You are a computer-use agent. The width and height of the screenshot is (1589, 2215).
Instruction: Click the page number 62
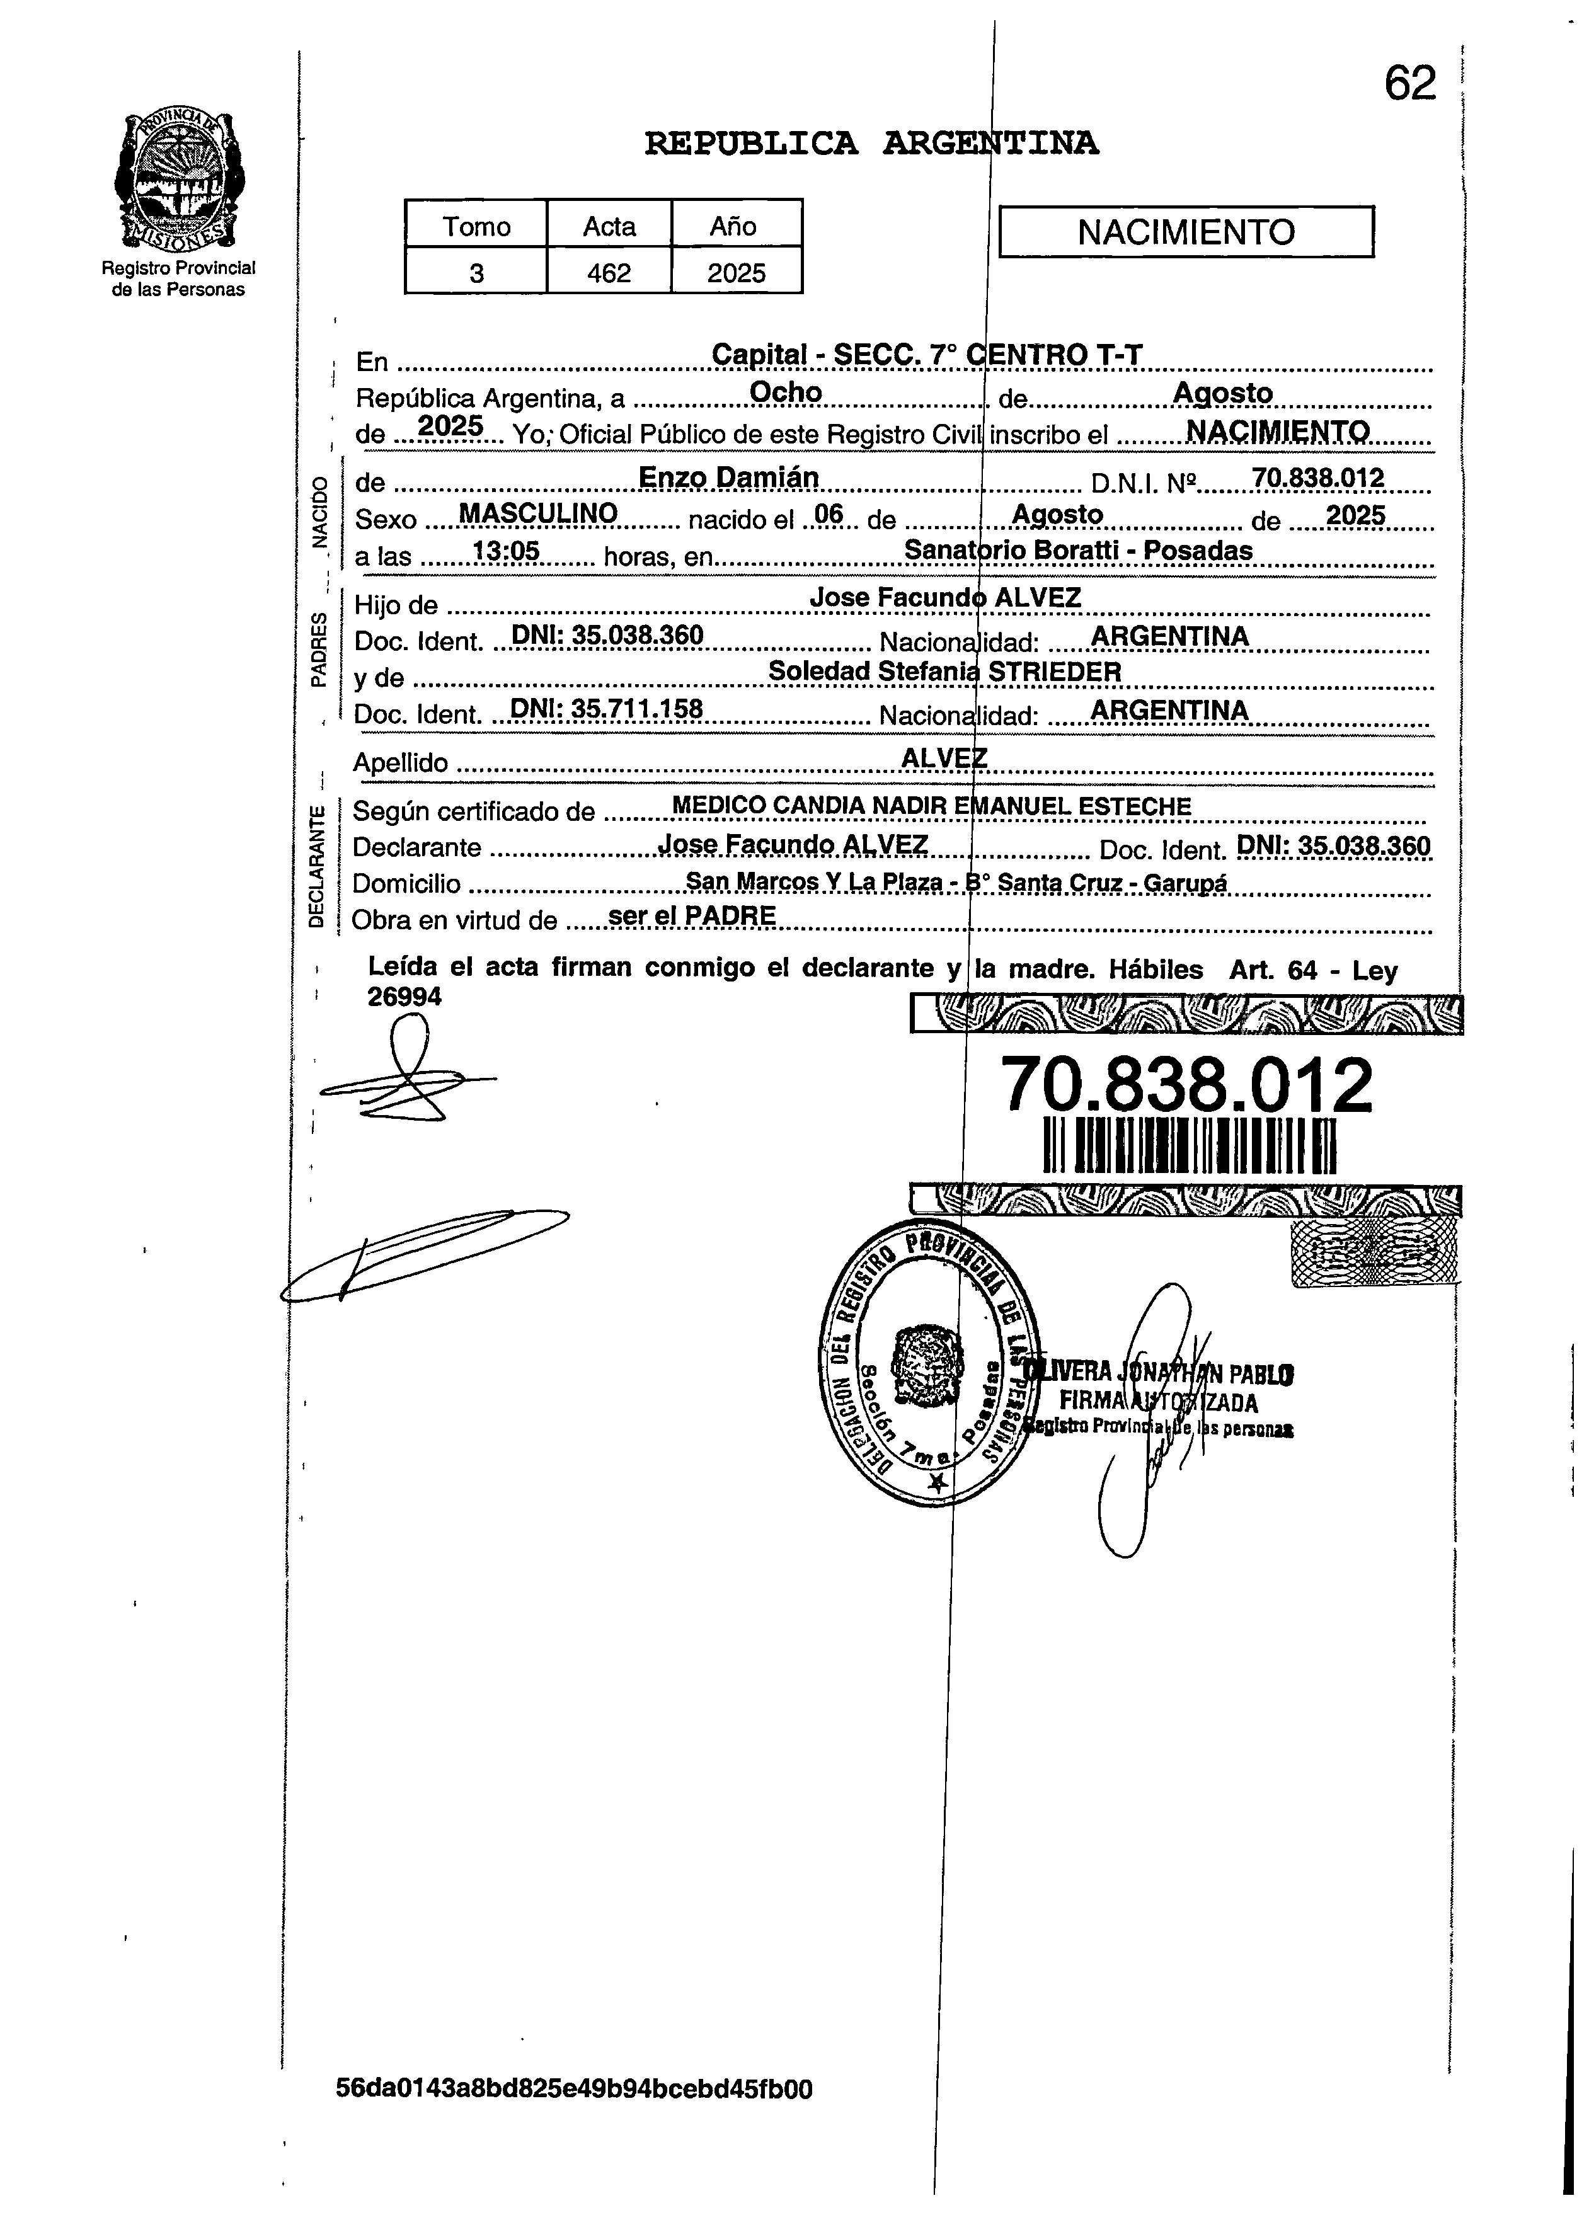[x=1409, y=84]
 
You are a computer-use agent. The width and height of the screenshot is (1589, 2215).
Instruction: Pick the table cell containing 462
[x=609, y=273]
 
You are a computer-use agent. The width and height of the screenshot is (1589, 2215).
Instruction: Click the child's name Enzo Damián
[x=728, y=478]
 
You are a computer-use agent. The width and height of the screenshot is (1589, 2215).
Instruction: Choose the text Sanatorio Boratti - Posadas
[x=1077, y=551]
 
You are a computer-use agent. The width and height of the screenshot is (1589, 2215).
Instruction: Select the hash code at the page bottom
[x=573, y=2089]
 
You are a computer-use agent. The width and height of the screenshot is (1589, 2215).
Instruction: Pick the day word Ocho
[x=785, y=392]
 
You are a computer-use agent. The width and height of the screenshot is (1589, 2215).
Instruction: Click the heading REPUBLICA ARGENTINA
[x=871, y=144]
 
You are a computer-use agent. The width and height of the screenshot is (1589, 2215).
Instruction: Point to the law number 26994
[x=404, y=996]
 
